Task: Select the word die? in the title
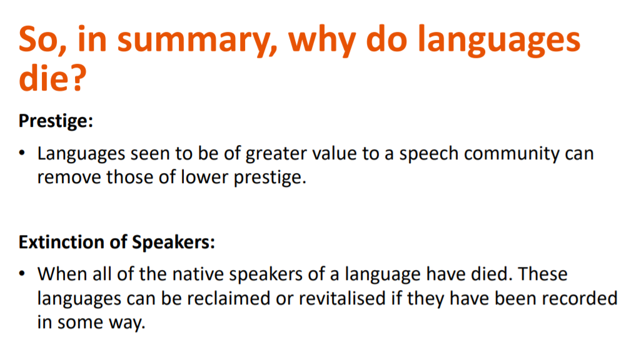point(53,77)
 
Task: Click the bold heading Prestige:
point(56,121)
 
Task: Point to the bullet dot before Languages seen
point(22,154)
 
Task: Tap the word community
point(511,154)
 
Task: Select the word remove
point(69,177)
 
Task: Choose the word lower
point(204,177)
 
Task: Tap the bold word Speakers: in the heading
point(173,242)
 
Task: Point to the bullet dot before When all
point(22,274)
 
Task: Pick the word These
point(543,274)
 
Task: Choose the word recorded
point(579,299)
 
